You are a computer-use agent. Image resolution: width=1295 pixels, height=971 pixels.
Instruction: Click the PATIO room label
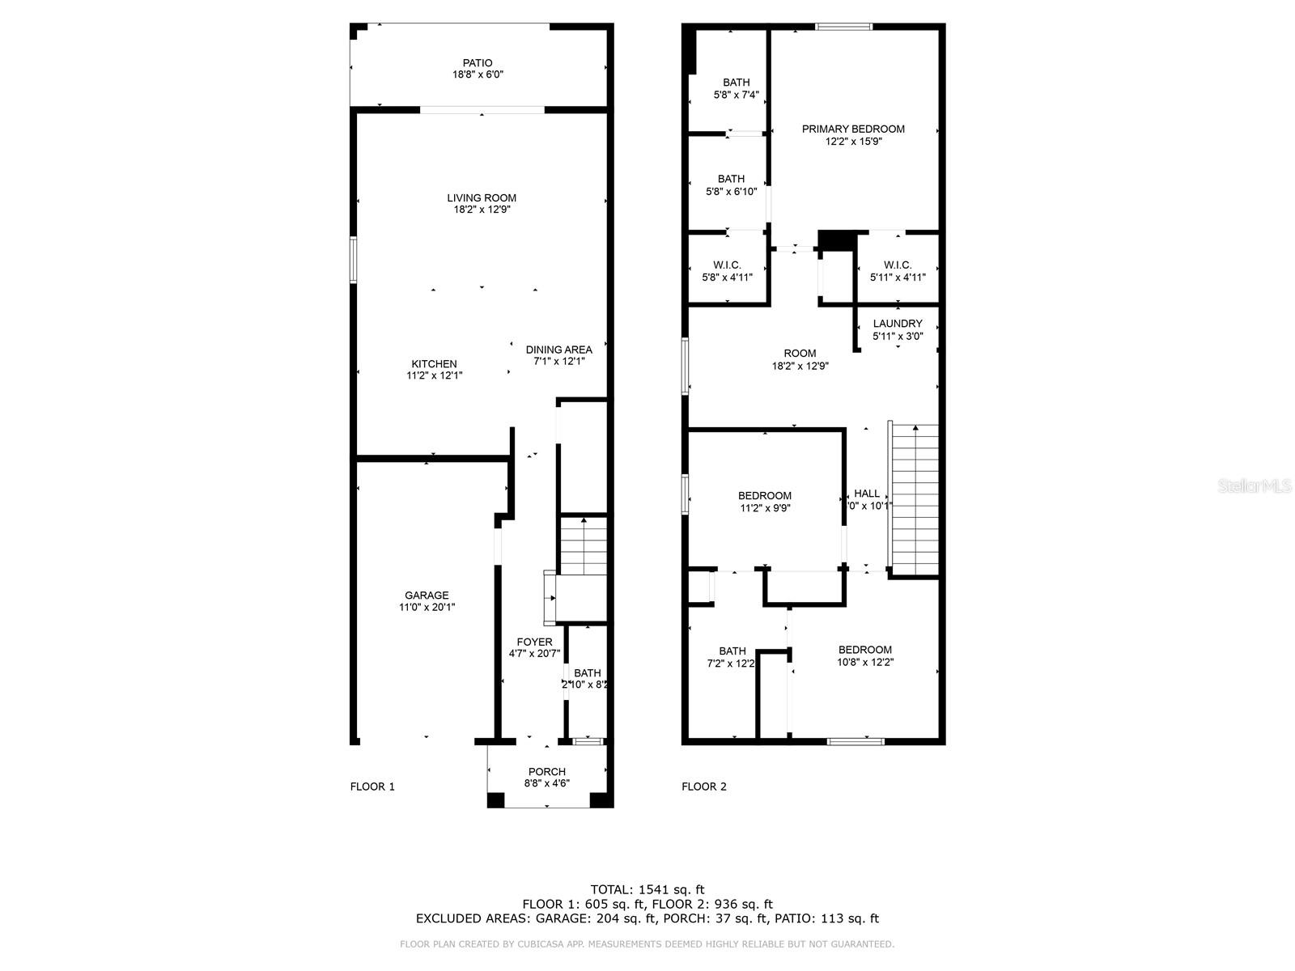click(x=478, y=63)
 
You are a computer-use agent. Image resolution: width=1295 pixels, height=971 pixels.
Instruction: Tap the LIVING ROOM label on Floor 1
click(x=482, y=197)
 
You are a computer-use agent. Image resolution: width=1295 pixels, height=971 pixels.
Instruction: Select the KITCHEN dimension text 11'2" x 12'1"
click(x=435, y=375)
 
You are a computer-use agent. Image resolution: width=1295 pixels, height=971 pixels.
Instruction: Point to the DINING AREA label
click(x=558, y=350)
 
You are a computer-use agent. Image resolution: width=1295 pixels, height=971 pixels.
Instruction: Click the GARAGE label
click(x=427, y=596)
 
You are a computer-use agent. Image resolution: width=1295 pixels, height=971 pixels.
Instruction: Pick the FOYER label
click(x=534, y=642)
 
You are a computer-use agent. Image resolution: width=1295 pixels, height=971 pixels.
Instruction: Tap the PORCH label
click(x=547, y=771)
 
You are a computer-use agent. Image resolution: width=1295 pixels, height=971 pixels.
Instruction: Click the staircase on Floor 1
click(x=583, y=547)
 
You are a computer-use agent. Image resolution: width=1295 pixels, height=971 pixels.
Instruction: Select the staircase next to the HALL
click(x=915, y=498)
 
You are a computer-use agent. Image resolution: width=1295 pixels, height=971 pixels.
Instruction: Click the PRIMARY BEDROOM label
click(x=853, y=129)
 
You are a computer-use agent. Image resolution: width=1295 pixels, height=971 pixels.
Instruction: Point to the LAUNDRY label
click(x=898, y=324)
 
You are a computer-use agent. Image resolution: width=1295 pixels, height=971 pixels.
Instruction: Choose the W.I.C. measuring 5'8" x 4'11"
click(x=727, y=271)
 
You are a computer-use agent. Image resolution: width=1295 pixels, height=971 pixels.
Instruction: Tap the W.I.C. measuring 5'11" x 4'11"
click(x=898, y=271)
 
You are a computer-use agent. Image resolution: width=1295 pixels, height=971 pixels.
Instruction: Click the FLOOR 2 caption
click(x=704, y=787)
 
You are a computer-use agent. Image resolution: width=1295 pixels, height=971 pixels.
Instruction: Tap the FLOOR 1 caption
click(x=372, y=787)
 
